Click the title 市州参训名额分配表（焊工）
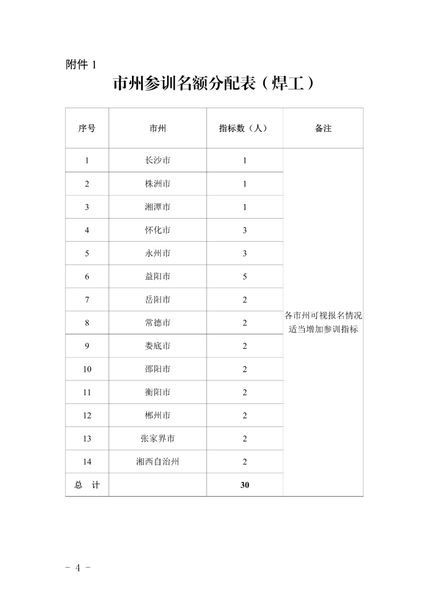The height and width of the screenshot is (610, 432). click(x=214, y=84)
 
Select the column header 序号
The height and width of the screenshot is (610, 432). click(x=87, y=128)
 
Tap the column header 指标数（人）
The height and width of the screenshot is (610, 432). click(x=244, y=128)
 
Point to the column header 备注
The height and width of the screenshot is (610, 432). click(x=323, y=128)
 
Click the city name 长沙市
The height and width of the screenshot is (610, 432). click(x=158, y=161)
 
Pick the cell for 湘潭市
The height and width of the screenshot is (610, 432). click(x=158, y=207)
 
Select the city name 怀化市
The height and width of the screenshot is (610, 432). click(x=158, y=230)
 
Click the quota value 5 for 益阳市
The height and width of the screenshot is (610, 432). click(x=245, y=276)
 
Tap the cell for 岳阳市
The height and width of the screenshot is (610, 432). click(x=158, y=300)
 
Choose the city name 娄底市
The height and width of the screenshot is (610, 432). click(x=158, y=346)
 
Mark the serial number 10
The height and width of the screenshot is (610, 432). click(x=87, y=369)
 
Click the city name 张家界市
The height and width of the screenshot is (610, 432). click(x=158, y=439)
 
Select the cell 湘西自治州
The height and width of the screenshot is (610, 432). click(x=158, y=462)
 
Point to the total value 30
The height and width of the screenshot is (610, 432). click(x=245, y=485)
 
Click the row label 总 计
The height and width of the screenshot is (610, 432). click(x=87, y=485)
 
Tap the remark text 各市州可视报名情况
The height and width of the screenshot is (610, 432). click(x=323, y=316)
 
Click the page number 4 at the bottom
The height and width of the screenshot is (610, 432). click(x=79, y=567)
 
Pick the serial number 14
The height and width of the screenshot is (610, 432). click(x=87, y=462)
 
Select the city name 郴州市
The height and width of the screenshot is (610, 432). click(x=158, y=415)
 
